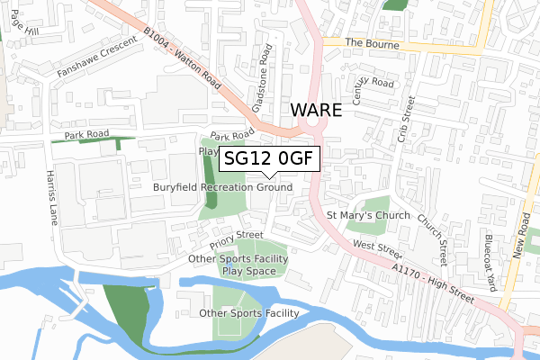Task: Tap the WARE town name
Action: coord(316,111)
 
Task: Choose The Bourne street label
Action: coord(365,42)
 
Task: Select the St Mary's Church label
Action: coord(368,216)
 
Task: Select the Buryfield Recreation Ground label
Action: coord(222,187)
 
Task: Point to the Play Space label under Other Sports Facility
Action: coord(248,271)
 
